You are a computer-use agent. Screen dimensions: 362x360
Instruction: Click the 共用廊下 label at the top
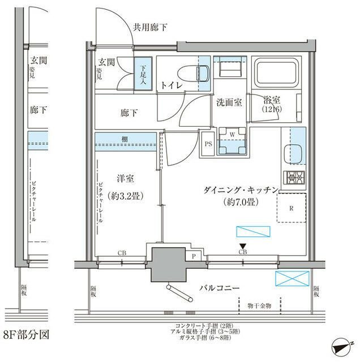[150, 27]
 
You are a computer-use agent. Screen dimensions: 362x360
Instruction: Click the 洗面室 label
[229, 102]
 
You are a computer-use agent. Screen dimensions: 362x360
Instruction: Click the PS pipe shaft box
[207, 144]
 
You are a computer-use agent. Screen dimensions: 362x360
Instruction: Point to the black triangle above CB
[243, 245]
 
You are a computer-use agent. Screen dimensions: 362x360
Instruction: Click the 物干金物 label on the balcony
[259, 305]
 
